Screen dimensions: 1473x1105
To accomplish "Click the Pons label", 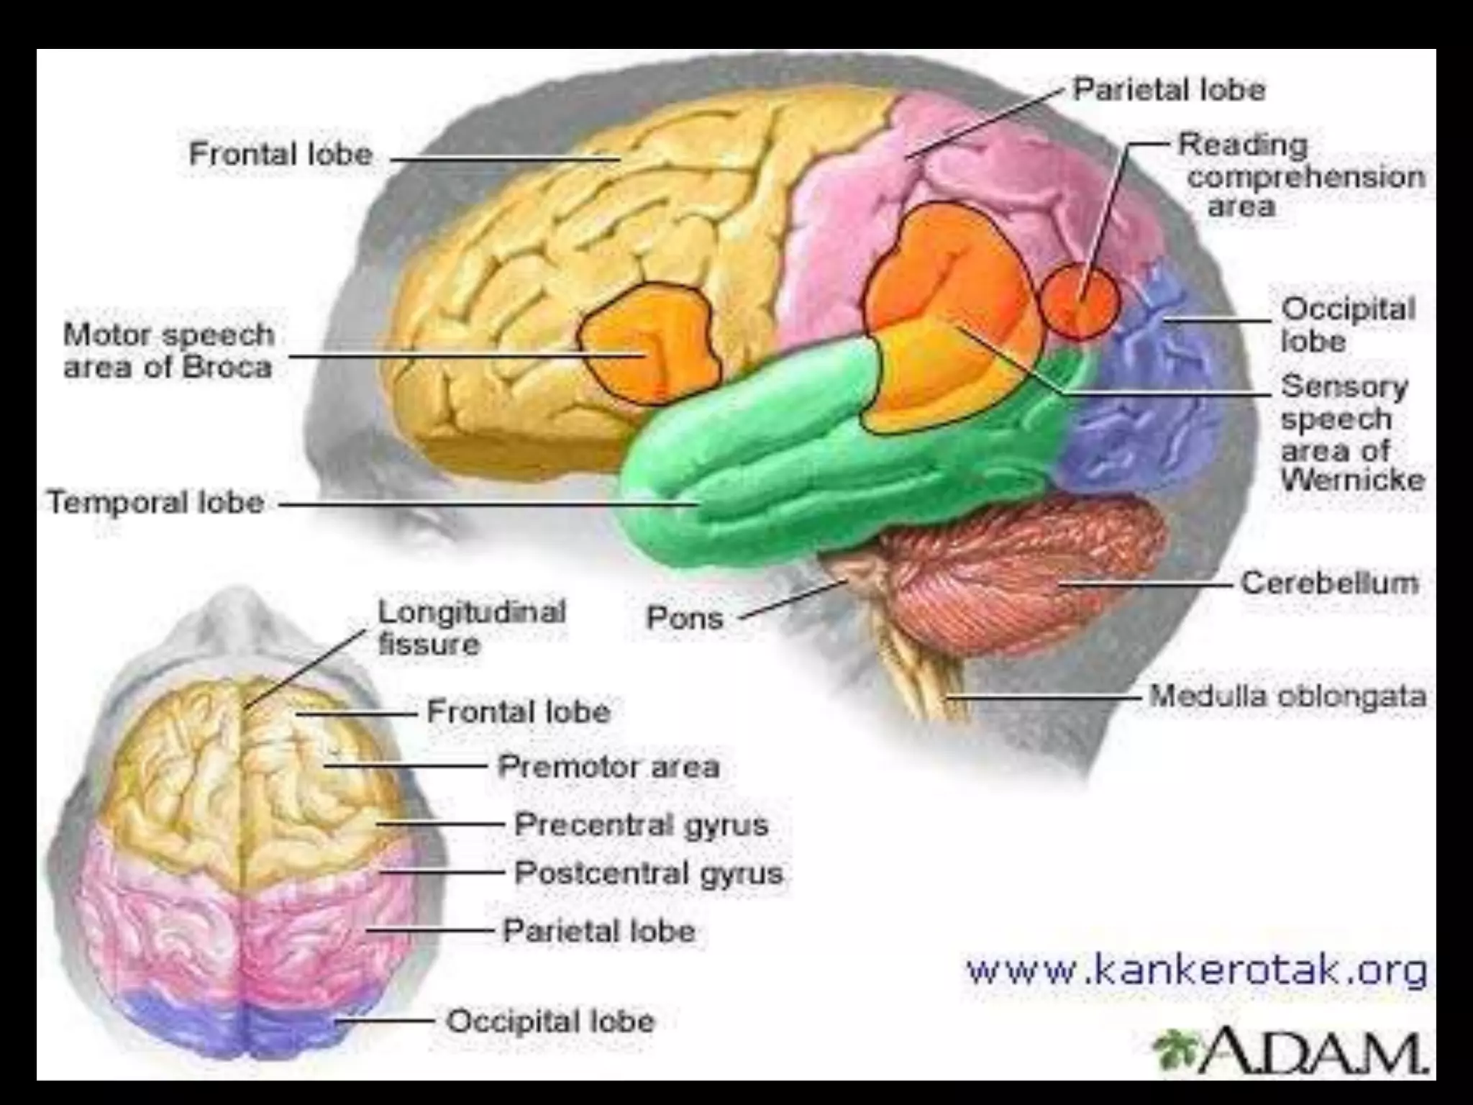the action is (685, 618).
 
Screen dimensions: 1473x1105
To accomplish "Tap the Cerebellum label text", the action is (1330, 583).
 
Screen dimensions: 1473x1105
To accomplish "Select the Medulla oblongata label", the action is (1287, 696).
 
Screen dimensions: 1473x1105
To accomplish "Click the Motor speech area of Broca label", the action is (169, 351).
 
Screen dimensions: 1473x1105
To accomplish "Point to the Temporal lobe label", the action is (156, 502).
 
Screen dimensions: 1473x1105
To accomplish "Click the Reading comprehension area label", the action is (1300, 176).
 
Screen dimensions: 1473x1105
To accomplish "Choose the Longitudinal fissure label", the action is (472, 627).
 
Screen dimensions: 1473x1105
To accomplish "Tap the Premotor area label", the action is (608, 766).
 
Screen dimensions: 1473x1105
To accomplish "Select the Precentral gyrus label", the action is (641, 824).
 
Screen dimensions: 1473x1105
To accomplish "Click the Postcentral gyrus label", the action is (649, 873).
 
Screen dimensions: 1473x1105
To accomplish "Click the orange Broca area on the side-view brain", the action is (651, 343).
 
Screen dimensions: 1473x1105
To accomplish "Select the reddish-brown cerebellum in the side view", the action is (1021, 568).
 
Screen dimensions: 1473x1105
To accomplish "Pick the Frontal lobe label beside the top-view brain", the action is (519, 712).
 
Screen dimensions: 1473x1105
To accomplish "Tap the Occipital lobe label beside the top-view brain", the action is (550, 1021).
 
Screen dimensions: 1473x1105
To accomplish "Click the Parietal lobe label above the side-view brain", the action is (1169, 90).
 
